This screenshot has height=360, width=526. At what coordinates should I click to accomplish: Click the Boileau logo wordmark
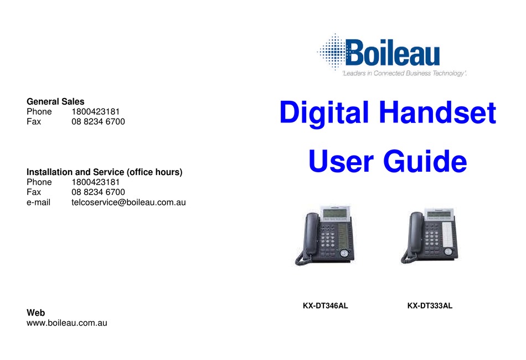[393, 54]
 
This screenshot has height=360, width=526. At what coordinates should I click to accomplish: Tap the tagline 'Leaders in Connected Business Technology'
[404, 73]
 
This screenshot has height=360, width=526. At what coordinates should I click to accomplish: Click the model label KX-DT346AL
[325, 305]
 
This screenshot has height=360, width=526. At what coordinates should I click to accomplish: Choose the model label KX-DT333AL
[430, 305]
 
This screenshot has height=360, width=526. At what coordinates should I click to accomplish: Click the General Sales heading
[55, 101]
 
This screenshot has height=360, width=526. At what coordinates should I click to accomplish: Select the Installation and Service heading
[105, 172]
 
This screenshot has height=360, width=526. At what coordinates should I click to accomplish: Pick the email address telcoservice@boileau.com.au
[128, 202]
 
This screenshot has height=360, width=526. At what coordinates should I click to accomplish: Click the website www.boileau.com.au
[66, 322]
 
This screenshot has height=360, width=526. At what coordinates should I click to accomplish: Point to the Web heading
[36, 313]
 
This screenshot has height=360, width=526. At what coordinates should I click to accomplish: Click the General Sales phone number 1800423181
[95, 111]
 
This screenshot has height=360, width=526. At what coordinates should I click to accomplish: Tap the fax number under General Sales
[98, 121]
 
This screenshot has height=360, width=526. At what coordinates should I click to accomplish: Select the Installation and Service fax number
[98, 192]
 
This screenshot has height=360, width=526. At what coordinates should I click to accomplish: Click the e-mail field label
[38, 202]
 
